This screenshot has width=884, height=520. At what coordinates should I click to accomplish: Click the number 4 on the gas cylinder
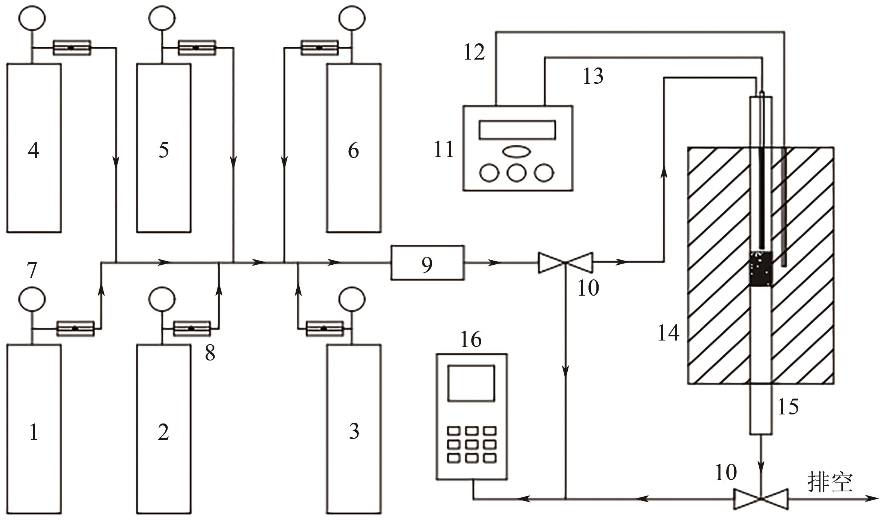(x=34, y=150)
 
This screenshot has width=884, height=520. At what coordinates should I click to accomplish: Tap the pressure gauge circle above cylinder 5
(x=162, y=18)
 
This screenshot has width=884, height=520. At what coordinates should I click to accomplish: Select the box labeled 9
(x=427, y=263)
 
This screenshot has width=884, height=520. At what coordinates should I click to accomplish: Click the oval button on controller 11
(x=516, y=151)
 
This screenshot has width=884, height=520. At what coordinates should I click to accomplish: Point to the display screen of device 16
(x=471, y=383)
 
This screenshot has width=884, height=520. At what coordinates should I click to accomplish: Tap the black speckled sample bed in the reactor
(x=761, y=268)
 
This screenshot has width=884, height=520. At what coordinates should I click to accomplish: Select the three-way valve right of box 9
(x=565, y=263)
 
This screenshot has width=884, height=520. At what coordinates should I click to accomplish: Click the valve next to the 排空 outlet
(x=761, y=499)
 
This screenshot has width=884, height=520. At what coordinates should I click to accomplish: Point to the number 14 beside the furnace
(x=668, y=333)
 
